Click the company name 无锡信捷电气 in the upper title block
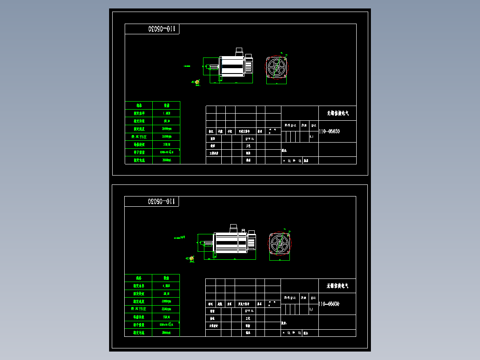(338, 114)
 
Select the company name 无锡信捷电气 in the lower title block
(338, 286)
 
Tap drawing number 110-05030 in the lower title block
(329, 304)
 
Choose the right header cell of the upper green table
(167, 106)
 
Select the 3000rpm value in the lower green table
(166, 301)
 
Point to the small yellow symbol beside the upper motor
(197, 82)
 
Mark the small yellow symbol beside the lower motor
(191, 258)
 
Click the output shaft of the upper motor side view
(213, 67)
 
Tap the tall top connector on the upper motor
(238, 51)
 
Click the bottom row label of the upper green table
(138, 160)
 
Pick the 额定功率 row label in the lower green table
(138, 286)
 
